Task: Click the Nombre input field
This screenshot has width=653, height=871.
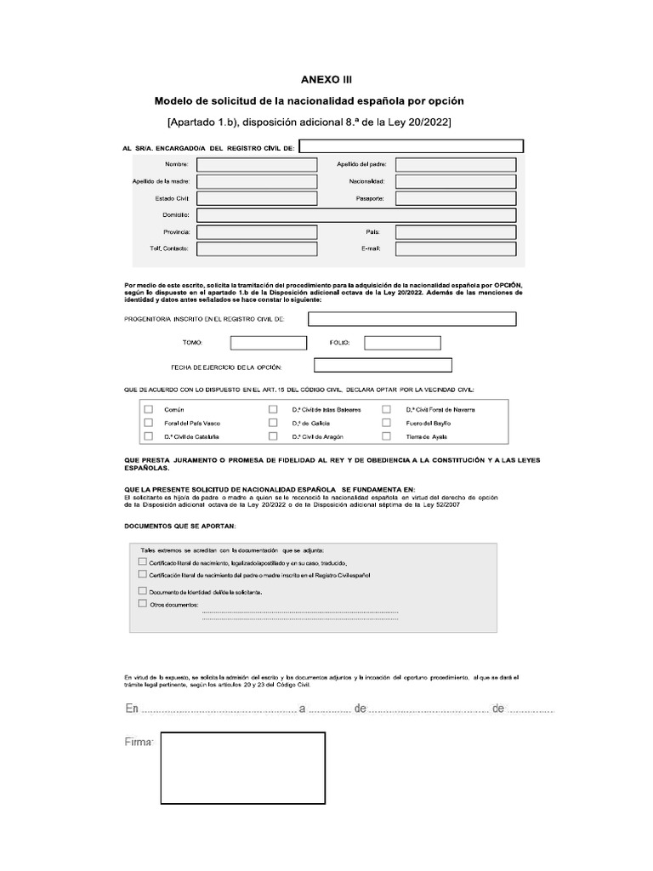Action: coord(257,164)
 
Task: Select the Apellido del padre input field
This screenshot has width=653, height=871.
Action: coord(456,164)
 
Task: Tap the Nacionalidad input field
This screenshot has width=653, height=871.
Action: coord(456,181)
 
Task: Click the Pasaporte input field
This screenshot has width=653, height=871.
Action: coord(456,198)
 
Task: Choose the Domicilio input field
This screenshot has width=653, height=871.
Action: coord(356,215)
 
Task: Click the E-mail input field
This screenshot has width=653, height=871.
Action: coord(456,248)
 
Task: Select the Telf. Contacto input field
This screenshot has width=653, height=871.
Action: coord(257,248)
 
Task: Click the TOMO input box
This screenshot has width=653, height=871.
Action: coord(268,343)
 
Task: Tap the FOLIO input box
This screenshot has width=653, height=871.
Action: coord(402,343)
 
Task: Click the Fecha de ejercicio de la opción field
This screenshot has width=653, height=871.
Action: coord(383,366)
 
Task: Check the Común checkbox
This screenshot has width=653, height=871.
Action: coord(149,409)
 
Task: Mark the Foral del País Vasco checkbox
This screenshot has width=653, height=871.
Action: coord(149,423)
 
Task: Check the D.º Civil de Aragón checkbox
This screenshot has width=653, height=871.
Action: coord(273,436)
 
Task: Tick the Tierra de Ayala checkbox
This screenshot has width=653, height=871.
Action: coord(387,436)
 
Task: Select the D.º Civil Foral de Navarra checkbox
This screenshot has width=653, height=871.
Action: coord(387,409)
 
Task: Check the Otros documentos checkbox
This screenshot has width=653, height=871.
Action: coord(141,604)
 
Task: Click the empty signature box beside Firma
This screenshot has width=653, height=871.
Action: coord(242,768)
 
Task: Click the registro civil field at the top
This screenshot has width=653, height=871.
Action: coord(410,147)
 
